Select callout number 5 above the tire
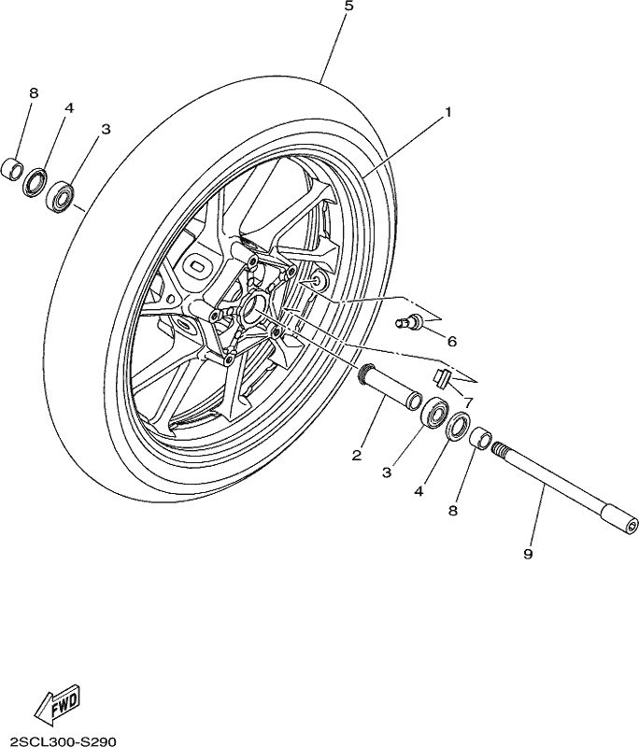coord(348,7)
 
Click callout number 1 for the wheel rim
coord(447,112)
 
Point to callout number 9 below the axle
coord(528,554)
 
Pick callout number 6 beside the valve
coord(452,341)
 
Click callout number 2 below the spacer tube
coord(357,456)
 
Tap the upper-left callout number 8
coord(34,92)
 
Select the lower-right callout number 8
coord(453,511)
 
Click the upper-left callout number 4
coord(69,108)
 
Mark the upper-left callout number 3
coord(106,129)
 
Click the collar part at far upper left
coord(13,169)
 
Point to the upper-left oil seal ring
coord(35,182)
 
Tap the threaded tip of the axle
coord(499,449)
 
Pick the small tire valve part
coord(408,320)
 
